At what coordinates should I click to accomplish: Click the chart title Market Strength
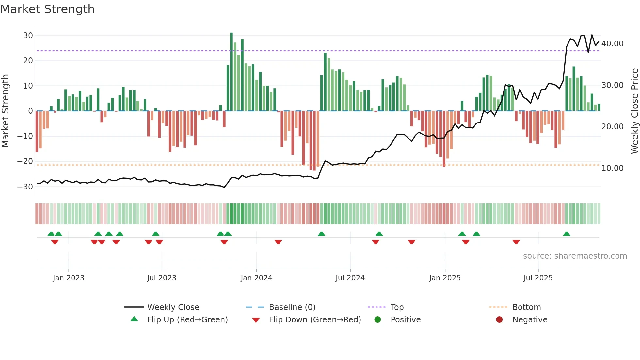[x=47, y=9]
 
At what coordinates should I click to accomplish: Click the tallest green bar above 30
[x=232, y=72]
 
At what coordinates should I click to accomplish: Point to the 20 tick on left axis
[x=28, y=60]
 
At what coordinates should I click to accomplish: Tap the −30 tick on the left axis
[x=25, y=187]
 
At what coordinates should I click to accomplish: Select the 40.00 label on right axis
[x=612, y=44]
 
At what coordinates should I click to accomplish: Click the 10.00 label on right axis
[x=612, y=168]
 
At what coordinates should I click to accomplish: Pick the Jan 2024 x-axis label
[x=256, y=278]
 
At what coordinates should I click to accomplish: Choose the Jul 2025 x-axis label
[x=538, y=278]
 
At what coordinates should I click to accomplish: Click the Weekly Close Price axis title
[x=634, y=111]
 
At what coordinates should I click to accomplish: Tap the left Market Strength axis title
[x=5, y=111]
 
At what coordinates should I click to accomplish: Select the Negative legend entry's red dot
[x=499, y=320]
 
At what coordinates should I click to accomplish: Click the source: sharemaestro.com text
[x=575, y=256]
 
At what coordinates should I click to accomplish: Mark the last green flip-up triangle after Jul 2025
[x=567, y=234]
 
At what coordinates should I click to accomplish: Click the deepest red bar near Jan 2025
[x=444, y=139]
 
